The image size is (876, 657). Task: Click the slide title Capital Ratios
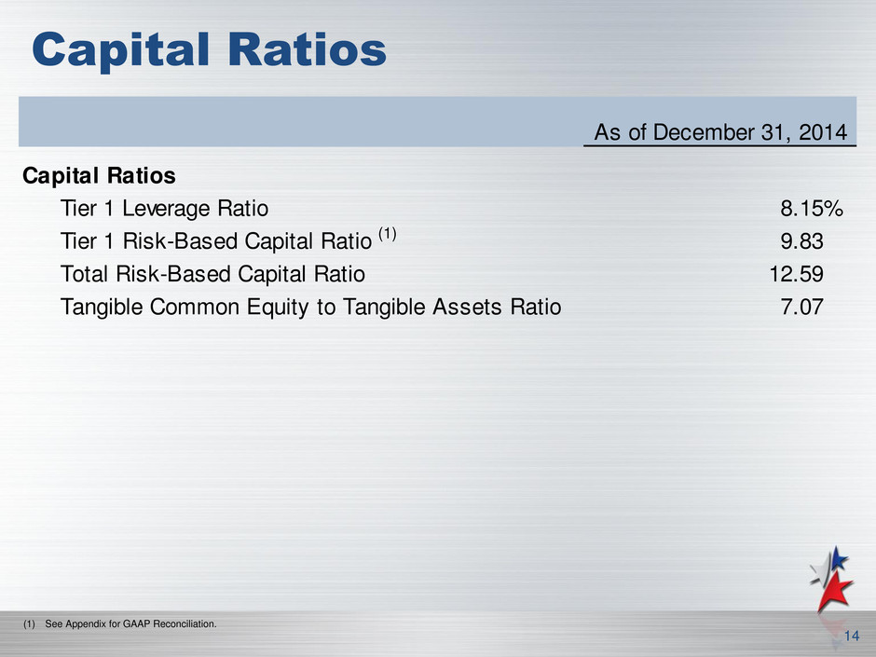pyautogui.click(x=209, y=50)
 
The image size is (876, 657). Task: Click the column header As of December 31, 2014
pyautogui.click(x=720, y=132)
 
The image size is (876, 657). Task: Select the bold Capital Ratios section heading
pyautogui.click(x=99, y=175)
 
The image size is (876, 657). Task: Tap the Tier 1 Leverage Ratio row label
pyautogui.click(x=164, y=209)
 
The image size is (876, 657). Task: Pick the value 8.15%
pyautogui.click(x=811, y=209)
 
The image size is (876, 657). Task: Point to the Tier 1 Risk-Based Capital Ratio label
pyautogui.click(x=215, y=241)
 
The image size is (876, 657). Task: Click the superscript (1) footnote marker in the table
pyautogui.click(x=388, y=234)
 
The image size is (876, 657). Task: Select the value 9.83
pyautogui.click(x=801, y=241)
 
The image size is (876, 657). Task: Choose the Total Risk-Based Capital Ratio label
pyautogui.click(x=212, y=274)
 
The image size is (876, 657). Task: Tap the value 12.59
pyautogui.click(x=796, y=274)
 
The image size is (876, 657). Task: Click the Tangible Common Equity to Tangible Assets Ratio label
pyautogui.click(x=310, y=308)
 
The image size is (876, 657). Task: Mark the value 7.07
pyautogui.click(x=801, y=308)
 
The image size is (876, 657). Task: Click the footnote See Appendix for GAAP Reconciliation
pyautogui.click(x=130, y=623)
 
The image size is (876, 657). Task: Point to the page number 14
pyautogui.click(x=852, y=636)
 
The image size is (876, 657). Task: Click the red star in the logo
pyautogui.click(x=833, y=592)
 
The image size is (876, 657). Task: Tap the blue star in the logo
pyautogui.click(x=838, y=558)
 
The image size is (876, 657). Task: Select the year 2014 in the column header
pyautogui.click(x=823, y=132)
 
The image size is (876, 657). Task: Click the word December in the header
pyautogui.click(x=704, y=132)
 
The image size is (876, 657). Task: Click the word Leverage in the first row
pyautogui.click(x=167, y=209)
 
